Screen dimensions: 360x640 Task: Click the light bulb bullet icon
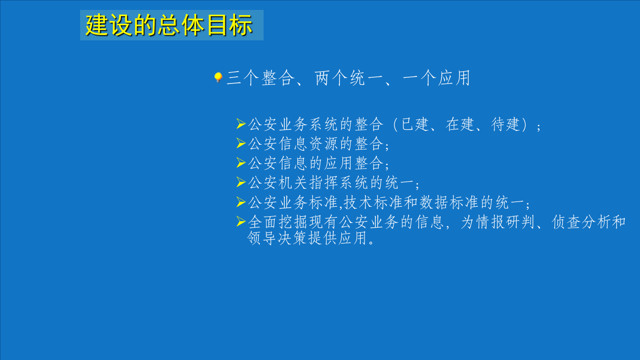pyautogui.click(x=218, y=77)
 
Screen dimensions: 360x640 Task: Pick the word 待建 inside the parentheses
pyautogui.click(x=506, y=125)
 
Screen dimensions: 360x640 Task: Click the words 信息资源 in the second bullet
pyautogui.click(x=309, y=144)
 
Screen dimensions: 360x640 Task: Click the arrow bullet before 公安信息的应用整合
pyautogui.click(x=241, y=163)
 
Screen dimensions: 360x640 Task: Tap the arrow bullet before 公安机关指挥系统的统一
pyautogui.click(x=241, y=182)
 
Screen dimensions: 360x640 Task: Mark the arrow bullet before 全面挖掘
pyautogui.click(x=241, y=221)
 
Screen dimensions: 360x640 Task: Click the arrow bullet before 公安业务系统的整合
pyautogui.click(x=241, y=124)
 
